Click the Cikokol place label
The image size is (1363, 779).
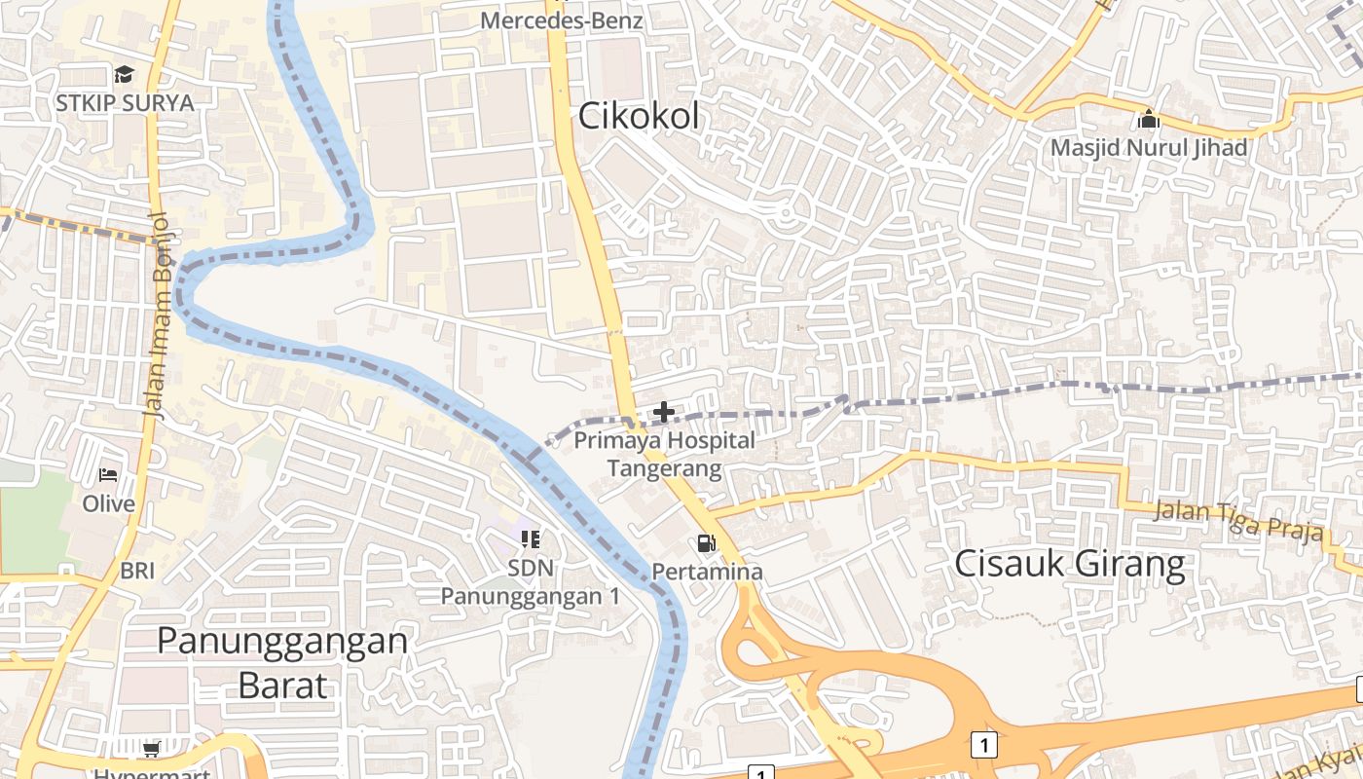pyautogui.click(x=639, y=116)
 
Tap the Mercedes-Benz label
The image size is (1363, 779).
pyautogui.click(x=563, y=19)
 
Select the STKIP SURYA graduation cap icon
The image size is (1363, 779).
pyautogui.click(x=124, y=75)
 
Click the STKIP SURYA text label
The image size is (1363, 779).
pyautogui.click(x=125, y=102)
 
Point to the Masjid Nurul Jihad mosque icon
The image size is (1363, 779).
pyautogui.click(x=1149, y=120)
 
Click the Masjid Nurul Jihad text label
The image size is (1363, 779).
pyautogui.click(x=1149, y=148)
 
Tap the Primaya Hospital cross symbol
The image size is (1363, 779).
pyautogui.click(x=664, y=412)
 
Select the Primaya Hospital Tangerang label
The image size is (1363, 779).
pyautogui.click(x=664, y=454)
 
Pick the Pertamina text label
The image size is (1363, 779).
pyautogui.click(x=707, y=572)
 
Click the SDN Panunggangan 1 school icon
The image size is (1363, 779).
pyautogui.click(x=531, y=538)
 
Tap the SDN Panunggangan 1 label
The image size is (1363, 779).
pyautogui.click(x=531, y=581)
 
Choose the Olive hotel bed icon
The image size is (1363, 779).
pyautogui.click(x=108, y=475)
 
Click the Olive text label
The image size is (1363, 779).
pyautogui.click(x=108, y=503)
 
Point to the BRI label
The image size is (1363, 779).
pyautogui.click(x=137, y=571)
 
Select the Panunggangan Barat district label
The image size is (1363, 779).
pyautogui.click(x=282, y=661)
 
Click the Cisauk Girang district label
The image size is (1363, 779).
pyautogui.click(x=1070, y=564)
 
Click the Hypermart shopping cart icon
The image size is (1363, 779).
pyautogui.click(x=151, y=749)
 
